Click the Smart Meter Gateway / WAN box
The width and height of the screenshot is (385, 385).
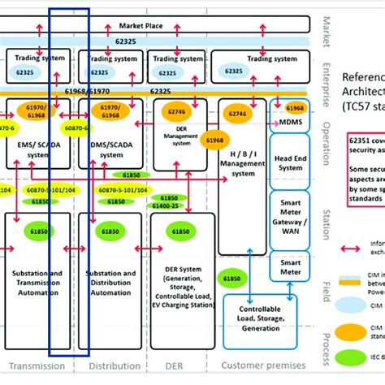point(290,218)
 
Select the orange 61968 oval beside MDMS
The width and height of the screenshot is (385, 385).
point(295,108)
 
